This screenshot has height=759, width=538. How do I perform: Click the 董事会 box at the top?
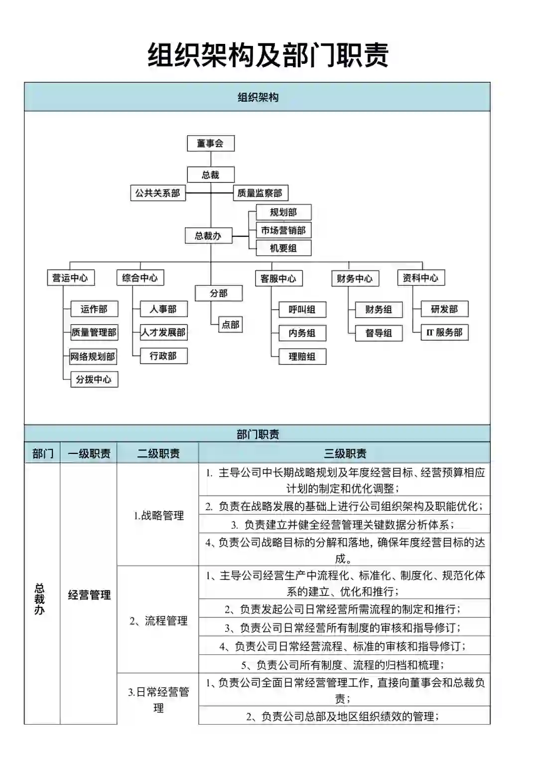pos(210,144)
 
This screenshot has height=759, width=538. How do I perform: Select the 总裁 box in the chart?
pos(210,175)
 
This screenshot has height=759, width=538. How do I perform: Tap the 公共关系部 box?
pos(157,193)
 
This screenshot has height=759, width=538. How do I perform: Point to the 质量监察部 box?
pos(260,193)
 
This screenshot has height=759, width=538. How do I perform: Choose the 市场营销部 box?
pos(283,230)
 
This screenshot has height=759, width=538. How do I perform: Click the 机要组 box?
pos(283,248)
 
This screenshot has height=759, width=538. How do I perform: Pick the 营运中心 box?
pos(70,278)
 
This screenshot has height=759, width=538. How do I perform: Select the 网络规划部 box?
pos(93,357)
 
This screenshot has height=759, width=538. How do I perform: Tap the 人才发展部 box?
pos(163,333)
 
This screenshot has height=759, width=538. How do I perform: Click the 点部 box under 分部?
pos(231,325)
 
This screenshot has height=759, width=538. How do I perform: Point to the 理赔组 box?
pos(302,357)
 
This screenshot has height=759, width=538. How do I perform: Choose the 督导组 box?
pos(379,333)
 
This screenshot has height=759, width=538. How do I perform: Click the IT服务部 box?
pos(444,333)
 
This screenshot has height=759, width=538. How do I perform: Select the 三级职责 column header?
pos(345,453)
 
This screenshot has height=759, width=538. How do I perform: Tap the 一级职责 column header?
pos(89,453)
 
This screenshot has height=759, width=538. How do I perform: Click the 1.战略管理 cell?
pos(158,516)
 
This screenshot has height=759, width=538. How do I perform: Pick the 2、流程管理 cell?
pos(158,621)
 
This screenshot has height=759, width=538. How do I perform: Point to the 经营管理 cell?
pos(89,595)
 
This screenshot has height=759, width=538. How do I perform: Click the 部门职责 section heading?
pos(258,434)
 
